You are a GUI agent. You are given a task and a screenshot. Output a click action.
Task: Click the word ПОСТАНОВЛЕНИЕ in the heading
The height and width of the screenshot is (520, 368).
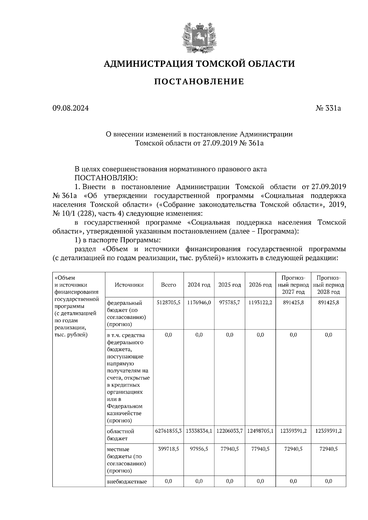198,82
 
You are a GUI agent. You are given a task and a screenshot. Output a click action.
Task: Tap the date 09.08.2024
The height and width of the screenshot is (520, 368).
71,108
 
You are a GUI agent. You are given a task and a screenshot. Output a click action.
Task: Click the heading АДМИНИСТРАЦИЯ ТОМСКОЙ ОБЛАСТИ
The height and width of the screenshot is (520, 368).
199,64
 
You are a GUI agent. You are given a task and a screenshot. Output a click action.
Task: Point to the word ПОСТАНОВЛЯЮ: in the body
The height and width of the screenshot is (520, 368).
106,178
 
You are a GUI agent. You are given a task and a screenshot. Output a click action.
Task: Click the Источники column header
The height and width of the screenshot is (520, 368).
129,285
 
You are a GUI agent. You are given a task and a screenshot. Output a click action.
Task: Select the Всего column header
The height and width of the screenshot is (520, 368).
168,285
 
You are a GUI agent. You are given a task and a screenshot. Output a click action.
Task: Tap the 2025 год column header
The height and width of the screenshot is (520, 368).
229,285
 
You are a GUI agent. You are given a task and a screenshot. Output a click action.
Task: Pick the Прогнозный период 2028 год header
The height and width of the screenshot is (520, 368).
328,285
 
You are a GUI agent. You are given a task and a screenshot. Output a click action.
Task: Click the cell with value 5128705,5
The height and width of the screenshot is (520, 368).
168,303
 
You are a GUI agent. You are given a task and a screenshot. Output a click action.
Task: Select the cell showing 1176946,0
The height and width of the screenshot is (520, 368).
199,303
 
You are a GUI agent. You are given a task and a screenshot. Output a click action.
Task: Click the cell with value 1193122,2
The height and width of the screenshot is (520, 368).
260,303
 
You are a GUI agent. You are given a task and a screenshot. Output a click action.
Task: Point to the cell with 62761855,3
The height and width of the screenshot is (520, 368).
168,431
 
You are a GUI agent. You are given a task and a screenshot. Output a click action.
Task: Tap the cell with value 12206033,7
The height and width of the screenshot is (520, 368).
229,431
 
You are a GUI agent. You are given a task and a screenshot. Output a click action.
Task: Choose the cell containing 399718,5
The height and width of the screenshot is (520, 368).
168,449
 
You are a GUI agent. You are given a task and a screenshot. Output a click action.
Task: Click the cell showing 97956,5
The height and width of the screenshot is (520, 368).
199,449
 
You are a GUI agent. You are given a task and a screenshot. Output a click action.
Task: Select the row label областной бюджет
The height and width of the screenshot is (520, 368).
121,435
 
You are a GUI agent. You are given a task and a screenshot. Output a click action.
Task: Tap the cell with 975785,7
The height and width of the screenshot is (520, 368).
229,303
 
